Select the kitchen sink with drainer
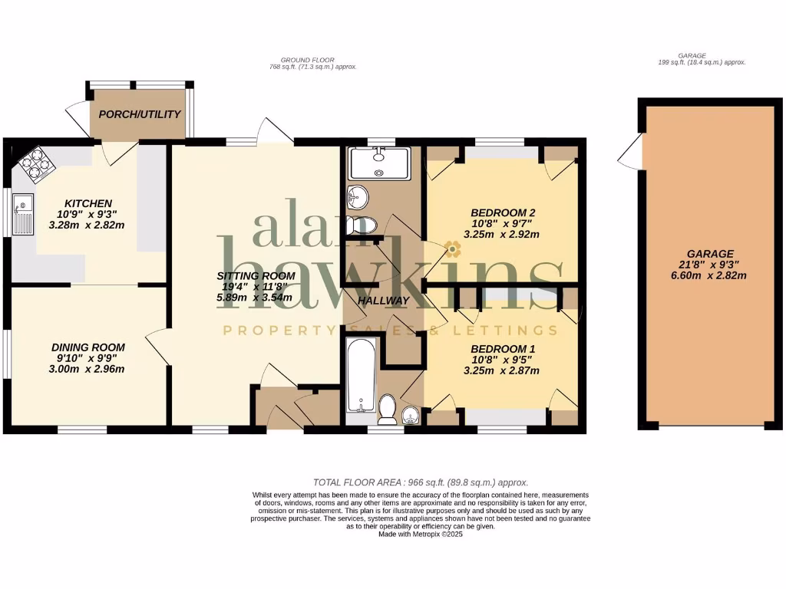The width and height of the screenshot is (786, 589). coord(23,214)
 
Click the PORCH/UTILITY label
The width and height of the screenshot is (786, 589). coord(140,114)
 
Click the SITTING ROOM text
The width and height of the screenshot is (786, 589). coord(256,276)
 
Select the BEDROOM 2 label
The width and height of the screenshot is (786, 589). coord(503,212)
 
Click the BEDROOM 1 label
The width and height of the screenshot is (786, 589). coord(503,349)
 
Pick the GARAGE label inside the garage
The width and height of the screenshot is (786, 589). coord(710,254)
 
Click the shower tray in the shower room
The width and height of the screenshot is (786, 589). coord(379,163)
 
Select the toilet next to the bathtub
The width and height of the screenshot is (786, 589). coord(388,409)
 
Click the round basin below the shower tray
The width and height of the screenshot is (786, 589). coord(357,198)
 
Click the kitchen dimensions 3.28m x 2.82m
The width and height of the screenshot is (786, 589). coord(86,225)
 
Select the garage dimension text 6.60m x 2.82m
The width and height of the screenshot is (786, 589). coord(710,275)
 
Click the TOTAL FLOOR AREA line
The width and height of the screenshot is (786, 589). coord(420,482)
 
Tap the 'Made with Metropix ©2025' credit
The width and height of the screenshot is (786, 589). coord(421,535)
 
